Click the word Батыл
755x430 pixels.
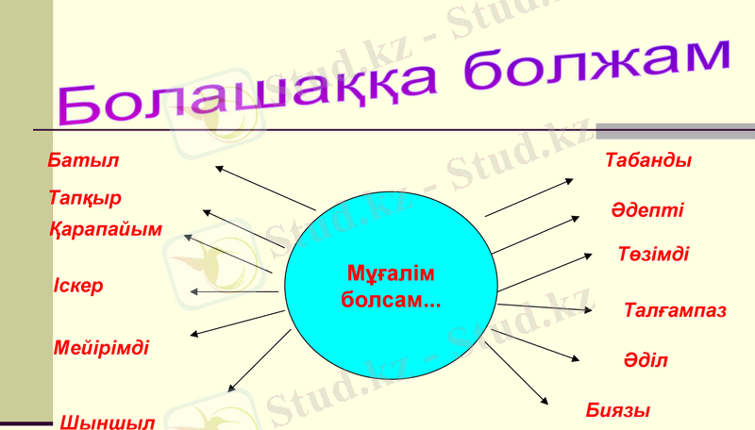tap(83, 160)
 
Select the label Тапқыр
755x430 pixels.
tap(85, 198)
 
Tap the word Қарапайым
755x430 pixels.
tap(106, 229)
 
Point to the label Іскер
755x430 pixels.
tap(79, 286)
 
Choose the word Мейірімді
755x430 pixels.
tap(101, 347)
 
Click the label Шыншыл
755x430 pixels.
tap(107, 422)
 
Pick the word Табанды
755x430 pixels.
tap(648, 160)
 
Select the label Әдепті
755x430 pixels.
tap(646, 210)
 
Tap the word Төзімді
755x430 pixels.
tap(653, 255)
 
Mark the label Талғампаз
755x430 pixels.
tap(675, 310)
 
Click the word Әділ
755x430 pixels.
tap(646, 360)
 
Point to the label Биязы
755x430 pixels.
tap(618, 410)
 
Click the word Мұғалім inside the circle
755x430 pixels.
tap(391, 274)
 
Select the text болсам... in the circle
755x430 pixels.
tap(391, 301)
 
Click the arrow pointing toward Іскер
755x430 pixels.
tap(236, 292)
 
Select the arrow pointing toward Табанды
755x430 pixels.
tap(529, 196)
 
